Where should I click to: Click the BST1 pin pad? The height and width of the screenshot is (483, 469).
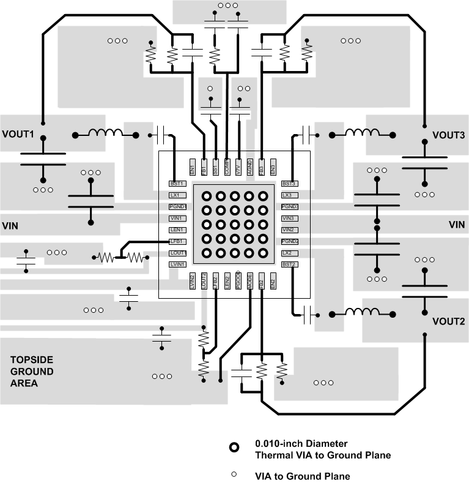point(177,184)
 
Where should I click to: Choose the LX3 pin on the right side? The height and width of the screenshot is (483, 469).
point(289,195)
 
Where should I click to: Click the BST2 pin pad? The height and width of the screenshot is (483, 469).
point(289,264)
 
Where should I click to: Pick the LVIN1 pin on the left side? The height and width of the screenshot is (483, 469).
point(177,264)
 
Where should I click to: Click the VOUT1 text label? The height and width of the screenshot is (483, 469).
point(18,133)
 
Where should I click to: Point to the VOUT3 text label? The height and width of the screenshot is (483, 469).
point(449,135)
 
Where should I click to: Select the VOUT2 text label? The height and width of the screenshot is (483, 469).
point(449,321)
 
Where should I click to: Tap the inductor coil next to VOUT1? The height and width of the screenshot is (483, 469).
point(105,133)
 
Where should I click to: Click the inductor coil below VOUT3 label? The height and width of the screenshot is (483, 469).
point(362,133)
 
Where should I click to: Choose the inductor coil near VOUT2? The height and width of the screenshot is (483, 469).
point(362,313)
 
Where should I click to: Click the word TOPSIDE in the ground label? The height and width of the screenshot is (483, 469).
point(31,360)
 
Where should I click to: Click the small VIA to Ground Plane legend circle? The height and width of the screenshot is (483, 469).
point(234,474)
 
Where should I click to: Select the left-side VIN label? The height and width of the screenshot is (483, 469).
point(10,226)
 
